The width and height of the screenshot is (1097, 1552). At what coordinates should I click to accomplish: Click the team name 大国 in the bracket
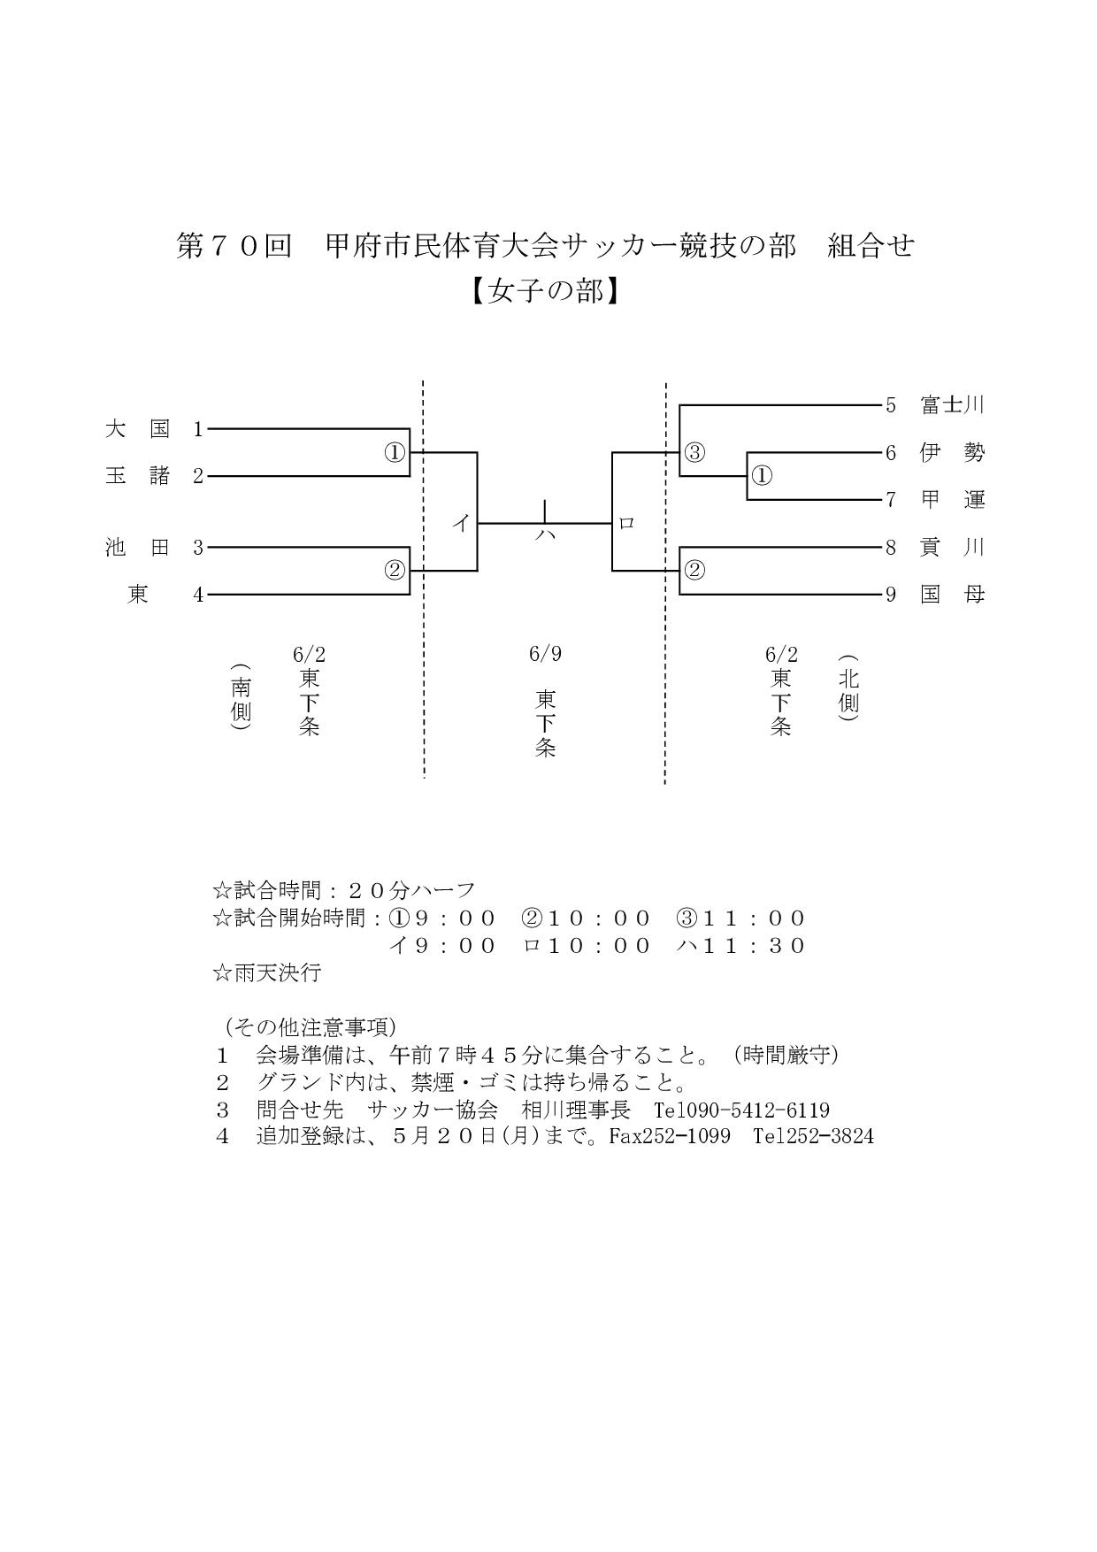click(137, 429)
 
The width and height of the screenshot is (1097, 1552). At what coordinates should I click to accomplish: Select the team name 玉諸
click(137, 476)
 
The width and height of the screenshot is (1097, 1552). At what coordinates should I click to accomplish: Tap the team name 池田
click(137, 548)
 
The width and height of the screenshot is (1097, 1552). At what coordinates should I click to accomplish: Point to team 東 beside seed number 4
click(138, 595)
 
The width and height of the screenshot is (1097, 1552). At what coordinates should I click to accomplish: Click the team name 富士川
click(952, 405)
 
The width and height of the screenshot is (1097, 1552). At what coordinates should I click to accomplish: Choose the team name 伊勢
click(952, 453)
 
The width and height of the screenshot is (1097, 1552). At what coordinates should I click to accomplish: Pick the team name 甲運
click(952, 500)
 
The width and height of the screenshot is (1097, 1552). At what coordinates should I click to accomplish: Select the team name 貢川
click(952, 548)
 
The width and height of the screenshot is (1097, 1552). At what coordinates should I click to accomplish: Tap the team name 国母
click(952, 595)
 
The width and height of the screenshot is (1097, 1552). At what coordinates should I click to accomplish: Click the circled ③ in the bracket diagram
click(694, 453)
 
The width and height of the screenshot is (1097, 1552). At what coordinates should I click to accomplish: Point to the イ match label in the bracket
click(461, 524)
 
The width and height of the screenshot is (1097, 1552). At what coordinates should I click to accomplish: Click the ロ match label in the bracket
click(626, 524)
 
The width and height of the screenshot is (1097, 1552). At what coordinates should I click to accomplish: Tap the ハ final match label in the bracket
click(545, 534)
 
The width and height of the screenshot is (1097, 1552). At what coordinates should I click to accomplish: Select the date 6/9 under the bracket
click(545, 654)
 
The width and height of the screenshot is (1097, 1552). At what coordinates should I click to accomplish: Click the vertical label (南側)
click(241, 697)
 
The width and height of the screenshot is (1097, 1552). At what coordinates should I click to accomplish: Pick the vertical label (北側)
click(848, 689)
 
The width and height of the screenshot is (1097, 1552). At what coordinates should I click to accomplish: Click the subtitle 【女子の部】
click(545, 291)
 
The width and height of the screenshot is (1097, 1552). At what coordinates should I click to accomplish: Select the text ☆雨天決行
click(266, 973)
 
